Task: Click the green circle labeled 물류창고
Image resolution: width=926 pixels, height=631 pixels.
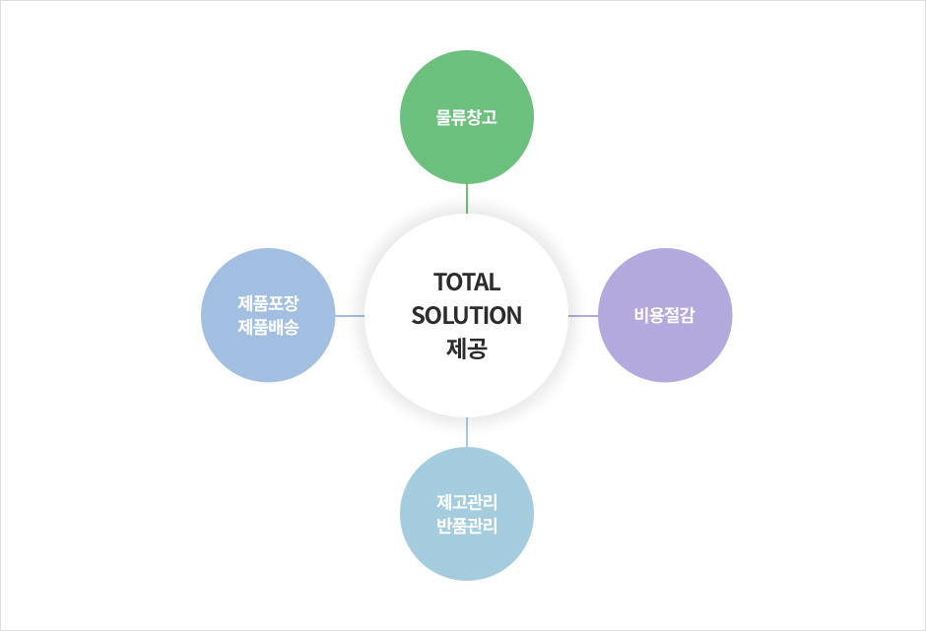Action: tap(467, 117)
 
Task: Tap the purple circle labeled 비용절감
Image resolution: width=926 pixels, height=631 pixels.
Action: tap(665, 315)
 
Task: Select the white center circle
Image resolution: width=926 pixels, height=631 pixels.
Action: tap(467, 315)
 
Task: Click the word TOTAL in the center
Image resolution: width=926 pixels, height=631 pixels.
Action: tap(467, 283)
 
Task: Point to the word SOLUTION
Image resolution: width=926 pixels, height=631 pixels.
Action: tap(467, 315)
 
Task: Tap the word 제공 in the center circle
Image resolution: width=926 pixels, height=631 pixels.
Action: tap(467, 348)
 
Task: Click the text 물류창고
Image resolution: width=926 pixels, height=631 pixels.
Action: tap(467, 117)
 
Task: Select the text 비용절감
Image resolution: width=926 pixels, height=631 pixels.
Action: tap(665, 315)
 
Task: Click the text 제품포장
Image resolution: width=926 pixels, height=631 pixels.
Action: tap(268, 303)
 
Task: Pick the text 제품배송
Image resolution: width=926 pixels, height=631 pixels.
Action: tap(268, 327)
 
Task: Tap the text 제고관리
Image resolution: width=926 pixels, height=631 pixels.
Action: tap(467, 502)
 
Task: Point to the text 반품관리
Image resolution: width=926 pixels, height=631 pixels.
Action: tap(467, 526)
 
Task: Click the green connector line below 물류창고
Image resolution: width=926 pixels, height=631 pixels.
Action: tap(467, 199)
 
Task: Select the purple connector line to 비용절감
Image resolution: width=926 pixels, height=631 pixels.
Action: tap(583, 316)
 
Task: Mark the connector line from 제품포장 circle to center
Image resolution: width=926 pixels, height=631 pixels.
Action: tap(350, 316)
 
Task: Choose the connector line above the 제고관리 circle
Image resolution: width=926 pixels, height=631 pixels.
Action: tap(467, 432)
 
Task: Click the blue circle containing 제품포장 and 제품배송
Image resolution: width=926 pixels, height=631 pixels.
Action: tap(268, 315)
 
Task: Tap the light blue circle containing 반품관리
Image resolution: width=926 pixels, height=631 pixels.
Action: tap(467, 514)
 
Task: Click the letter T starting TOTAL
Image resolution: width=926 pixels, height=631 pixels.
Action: tap(440, 283)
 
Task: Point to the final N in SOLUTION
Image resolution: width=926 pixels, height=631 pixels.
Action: tap(514, 315)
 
